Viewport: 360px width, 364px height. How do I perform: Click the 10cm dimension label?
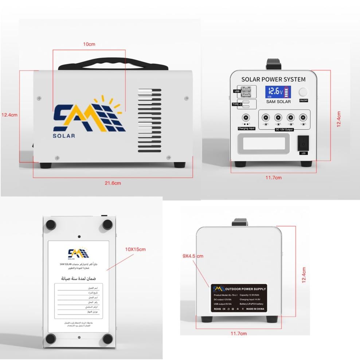coord(89,44)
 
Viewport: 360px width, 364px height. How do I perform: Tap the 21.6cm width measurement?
coord(113,183)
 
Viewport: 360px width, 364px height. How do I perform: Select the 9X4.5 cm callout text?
coord(193,256)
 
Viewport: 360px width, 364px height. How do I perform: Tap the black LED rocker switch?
coord(303,143)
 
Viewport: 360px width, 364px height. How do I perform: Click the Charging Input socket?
coord(246,119)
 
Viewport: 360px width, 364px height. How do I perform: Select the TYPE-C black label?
coord(238,104)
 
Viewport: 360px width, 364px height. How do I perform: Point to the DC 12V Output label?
coord(284,129)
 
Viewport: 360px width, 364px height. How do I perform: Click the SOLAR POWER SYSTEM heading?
coord(273,79)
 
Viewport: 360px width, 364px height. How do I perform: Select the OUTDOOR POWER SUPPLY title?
coord(246,289)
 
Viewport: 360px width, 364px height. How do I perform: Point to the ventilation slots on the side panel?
coord(149,120)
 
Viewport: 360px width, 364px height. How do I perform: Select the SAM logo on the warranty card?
coord(78,252)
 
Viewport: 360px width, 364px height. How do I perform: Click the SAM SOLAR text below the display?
coord(278,102)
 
